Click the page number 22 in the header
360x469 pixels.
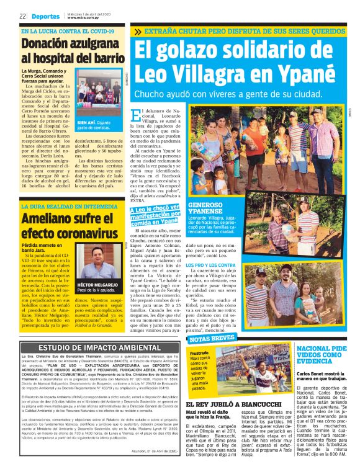point(23,16)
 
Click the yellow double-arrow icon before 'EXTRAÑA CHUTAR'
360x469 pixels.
point(137,30)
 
